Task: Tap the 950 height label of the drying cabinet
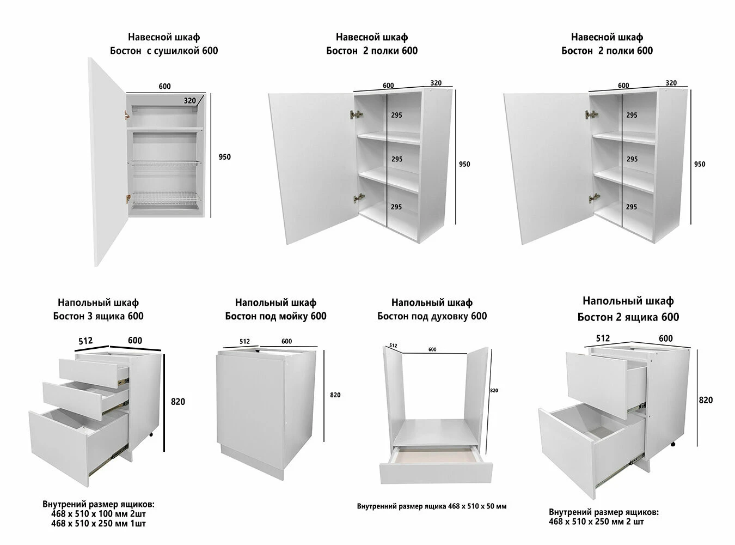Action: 224,157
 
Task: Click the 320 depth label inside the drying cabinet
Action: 190,100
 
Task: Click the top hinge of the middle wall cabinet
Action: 357,115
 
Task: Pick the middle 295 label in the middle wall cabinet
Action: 397,159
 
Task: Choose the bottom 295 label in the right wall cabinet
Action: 631,207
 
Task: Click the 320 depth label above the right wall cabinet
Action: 671,83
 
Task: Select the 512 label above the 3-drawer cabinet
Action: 85,341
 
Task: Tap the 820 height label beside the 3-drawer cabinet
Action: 178,402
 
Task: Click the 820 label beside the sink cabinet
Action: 335,395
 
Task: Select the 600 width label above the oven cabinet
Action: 432,350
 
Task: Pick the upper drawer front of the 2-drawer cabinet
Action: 597,386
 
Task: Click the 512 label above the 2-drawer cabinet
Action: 603,338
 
